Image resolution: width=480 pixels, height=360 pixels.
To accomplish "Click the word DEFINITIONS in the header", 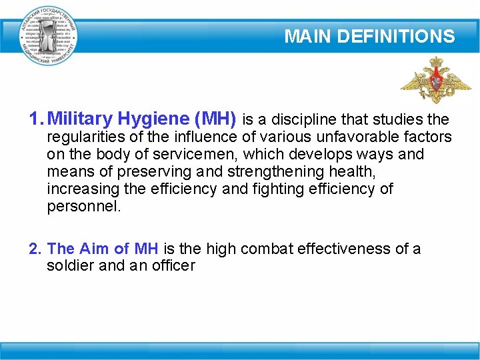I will tap(396, 37).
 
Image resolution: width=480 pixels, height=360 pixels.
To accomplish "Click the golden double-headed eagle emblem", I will tap(435, 81).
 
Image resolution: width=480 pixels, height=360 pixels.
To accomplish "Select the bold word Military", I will tap(79, 119).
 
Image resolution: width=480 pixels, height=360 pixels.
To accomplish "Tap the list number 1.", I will tap(35, 119).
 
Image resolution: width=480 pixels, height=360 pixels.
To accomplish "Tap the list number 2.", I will tap(35, 249).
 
